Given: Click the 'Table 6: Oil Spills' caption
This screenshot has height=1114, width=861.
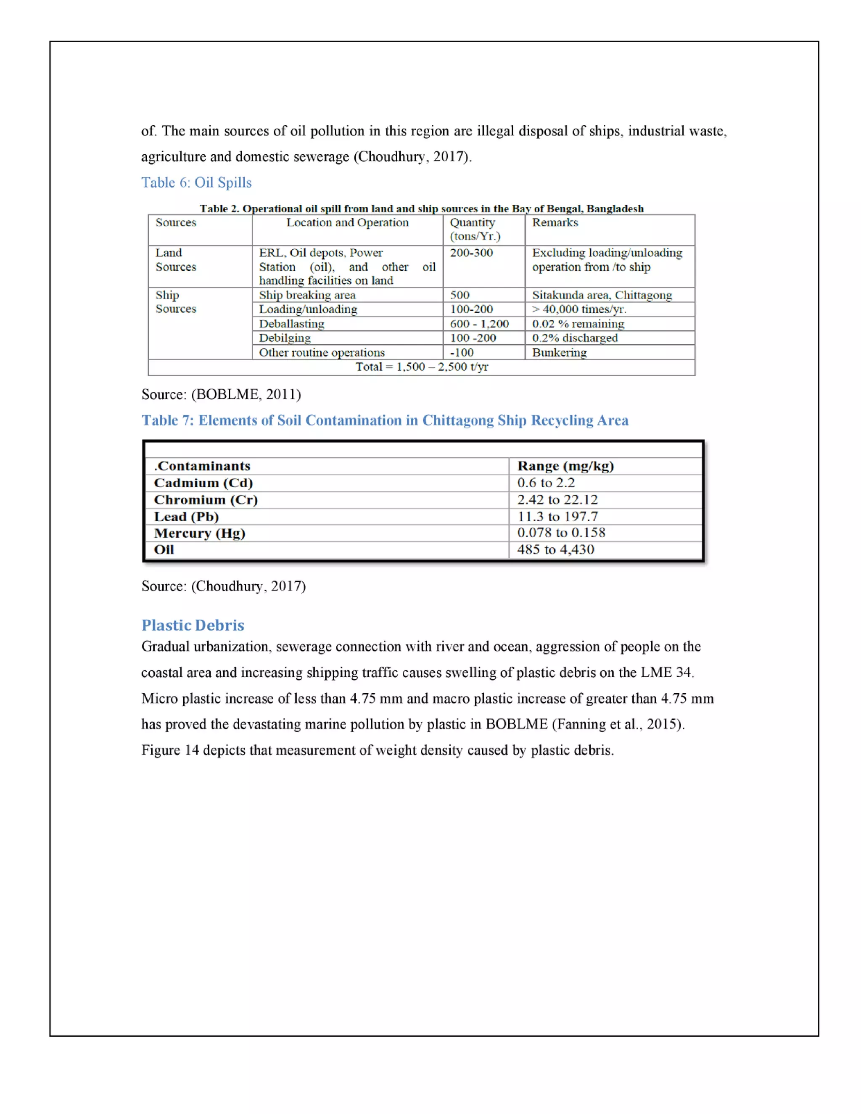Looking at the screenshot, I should [196, 182].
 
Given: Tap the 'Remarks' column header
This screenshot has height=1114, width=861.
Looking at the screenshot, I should [555, 222].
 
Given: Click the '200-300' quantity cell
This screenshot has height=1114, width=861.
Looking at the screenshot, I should [471, 253].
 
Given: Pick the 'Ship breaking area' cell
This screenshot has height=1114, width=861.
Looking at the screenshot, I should [307, 295].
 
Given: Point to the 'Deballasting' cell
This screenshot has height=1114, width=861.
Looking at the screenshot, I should [291, 323].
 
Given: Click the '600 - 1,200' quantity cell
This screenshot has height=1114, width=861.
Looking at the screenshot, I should [479, 323].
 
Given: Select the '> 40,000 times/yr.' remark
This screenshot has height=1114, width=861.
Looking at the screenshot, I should [579, 309].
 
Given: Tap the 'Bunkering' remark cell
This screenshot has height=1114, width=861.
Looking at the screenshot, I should [559, 352].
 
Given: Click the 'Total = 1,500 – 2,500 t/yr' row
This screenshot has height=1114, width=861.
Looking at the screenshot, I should [421, 367].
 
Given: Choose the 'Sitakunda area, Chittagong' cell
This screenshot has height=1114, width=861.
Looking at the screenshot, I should [602, 295].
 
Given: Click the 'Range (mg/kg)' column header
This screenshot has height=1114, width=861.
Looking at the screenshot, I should [565, 466].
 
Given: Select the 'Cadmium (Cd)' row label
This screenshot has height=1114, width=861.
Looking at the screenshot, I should [203, 483].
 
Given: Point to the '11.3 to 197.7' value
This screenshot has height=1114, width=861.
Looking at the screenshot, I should [557, 516].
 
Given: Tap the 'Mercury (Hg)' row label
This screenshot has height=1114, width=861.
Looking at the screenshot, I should [199, 533].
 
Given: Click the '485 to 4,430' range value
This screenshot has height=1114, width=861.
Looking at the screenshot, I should [555, 549].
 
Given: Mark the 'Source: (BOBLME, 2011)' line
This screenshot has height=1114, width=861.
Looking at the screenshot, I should [221, 394].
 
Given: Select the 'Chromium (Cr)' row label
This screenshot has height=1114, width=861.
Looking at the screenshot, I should [206, 499].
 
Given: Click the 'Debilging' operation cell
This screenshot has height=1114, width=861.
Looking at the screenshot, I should [285, 338].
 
